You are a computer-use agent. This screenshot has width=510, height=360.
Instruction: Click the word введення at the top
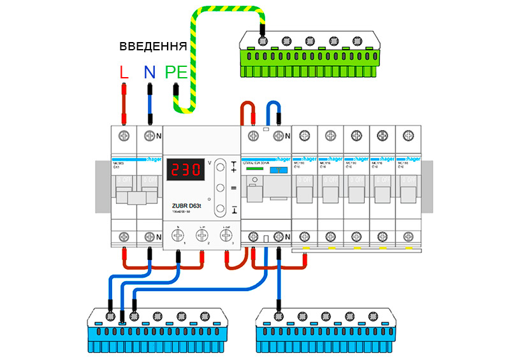(x=153, y=47)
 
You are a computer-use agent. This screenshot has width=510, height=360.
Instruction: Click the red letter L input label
(x=124, y=72)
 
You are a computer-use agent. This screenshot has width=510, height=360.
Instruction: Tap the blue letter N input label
(x=149, y=72)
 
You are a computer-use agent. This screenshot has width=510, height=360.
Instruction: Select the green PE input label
(x=176, y=72)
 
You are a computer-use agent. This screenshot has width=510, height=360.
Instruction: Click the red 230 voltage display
(x=184, y=171)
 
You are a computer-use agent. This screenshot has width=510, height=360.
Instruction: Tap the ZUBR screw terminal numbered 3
(x=225, y=235)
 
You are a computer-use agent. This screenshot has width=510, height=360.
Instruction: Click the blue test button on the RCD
(x=275, y=172)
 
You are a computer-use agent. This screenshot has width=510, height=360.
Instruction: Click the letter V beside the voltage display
(x=210, y=163)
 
